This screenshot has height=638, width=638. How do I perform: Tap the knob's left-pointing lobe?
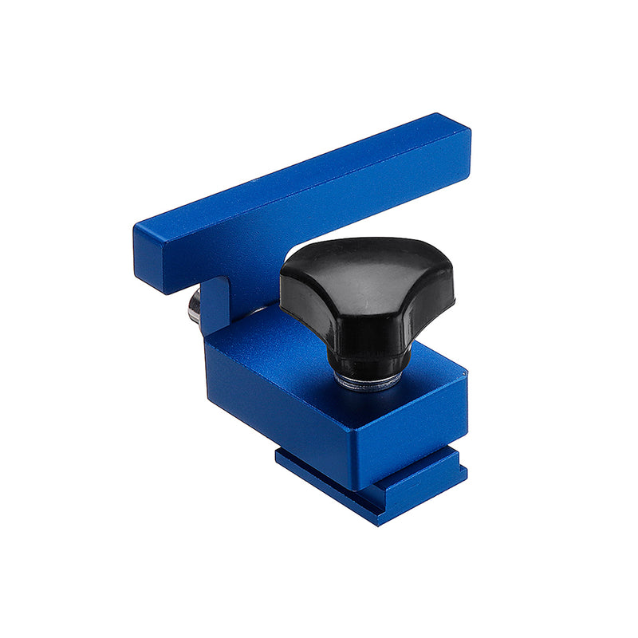tap(299, 279)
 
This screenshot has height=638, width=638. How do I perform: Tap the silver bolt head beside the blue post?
tap(194, 307)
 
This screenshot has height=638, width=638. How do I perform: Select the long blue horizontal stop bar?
tap(303, 199)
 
